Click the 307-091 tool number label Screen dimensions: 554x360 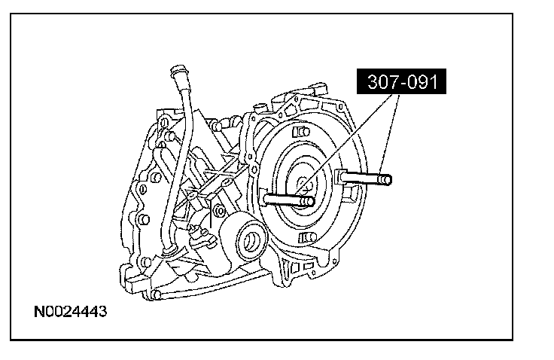click(x=401, y=81)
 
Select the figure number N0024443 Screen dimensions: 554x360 click(x=70, y=312)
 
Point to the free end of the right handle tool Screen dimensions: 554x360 click(x=387, y=180)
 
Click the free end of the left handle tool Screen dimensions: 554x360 click(x=309, y=202)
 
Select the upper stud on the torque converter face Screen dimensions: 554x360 click(x=301, y=132)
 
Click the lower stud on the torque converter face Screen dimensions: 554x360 click(x=306, y=237)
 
